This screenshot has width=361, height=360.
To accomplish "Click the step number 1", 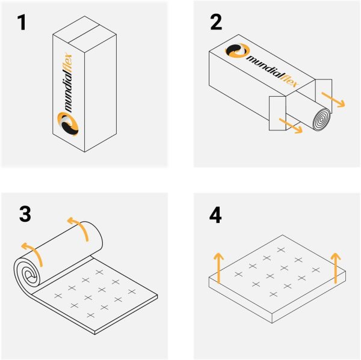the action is click(x=22, y=23).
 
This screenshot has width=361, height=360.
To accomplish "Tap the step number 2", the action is click(x=216, y=22).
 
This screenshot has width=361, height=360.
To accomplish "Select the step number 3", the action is click(x=25, y=214).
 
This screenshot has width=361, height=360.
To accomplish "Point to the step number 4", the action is click(x=215, y=215).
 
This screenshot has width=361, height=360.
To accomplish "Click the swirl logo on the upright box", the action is click(x=67, y=124).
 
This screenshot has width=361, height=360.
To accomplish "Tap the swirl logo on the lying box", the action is click(x=237, y=50).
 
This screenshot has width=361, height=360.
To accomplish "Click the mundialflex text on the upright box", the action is click(x=68, y=83).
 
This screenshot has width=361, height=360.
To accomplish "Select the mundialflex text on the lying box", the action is click(x=273, y=72).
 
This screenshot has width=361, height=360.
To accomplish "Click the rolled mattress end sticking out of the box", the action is click(x=321, y=120).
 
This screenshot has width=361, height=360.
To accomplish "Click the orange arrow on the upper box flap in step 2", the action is click(x=333, y=99).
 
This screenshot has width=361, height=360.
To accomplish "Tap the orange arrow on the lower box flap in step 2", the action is click(x=291, y=126).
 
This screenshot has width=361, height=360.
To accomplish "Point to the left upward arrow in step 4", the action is click(x=218, y=268).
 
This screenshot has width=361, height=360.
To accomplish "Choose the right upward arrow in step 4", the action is click(x=336, y=268).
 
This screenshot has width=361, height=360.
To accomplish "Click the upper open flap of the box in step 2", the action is click(x=324, y=96).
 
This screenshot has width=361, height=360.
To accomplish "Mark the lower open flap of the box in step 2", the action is click(x=277, y=113).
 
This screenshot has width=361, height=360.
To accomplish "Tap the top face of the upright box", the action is click(x=84, y=34).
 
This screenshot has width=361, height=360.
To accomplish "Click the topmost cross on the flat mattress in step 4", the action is click(x=281, y=250).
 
